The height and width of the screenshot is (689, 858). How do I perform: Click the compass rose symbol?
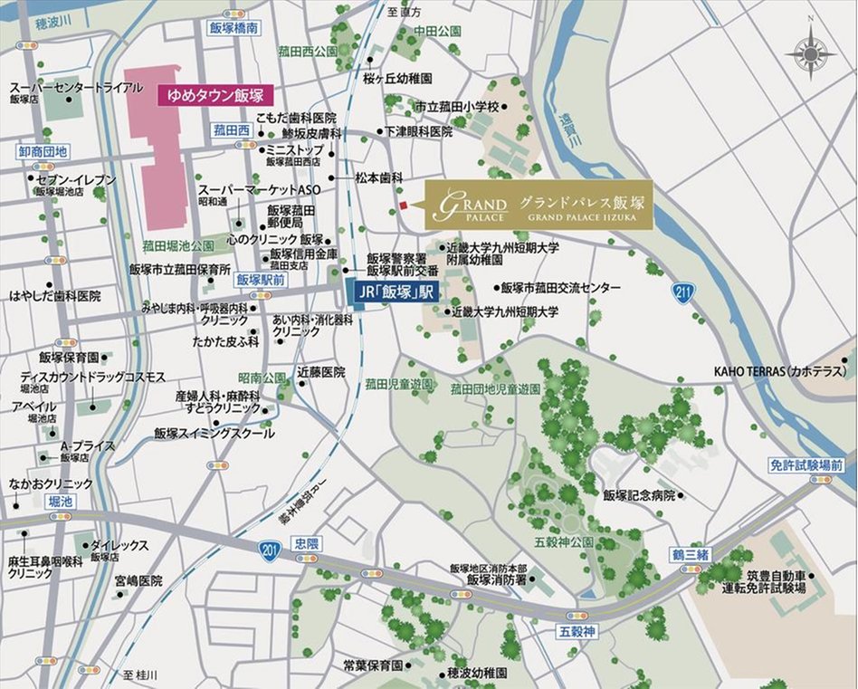[810, 53]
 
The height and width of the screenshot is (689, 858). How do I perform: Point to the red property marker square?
[404, 207]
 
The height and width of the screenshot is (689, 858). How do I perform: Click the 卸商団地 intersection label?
[43, 151]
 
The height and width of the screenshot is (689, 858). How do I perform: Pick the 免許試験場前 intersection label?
[806, 464]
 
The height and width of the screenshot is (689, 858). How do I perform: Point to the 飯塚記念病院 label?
[639, 495]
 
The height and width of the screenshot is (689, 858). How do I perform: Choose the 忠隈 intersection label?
[307, 543]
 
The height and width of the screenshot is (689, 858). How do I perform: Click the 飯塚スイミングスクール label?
[214, 434]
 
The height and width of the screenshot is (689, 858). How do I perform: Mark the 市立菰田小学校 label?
[457, 107]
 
